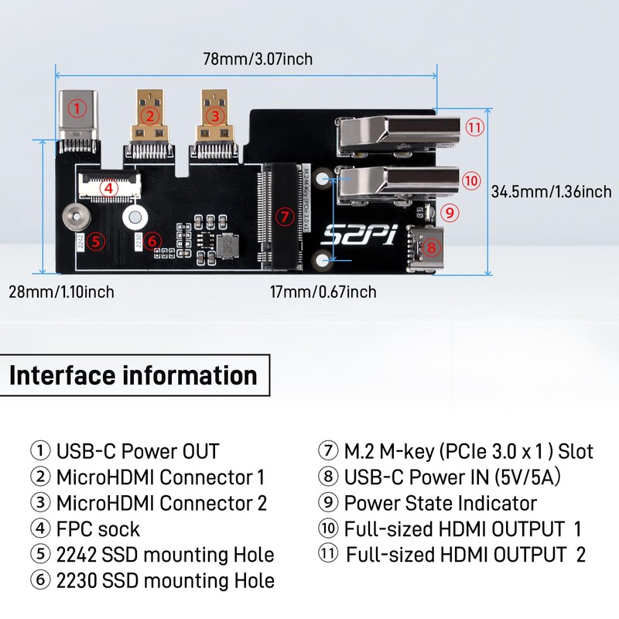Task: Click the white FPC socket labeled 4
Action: (108, 187)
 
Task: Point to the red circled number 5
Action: (94, 241)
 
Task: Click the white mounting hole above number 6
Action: (135, 218)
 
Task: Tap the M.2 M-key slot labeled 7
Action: (284, 216)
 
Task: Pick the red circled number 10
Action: (472, 180)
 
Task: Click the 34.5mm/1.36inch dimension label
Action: (551, 192)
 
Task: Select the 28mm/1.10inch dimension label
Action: (62, 292)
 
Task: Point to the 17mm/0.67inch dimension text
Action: (323, 292)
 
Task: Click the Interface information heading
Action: (133, 376)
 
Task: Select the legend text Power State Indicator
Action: (439, 503)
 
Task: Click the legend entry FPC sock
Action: (97, 529)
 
